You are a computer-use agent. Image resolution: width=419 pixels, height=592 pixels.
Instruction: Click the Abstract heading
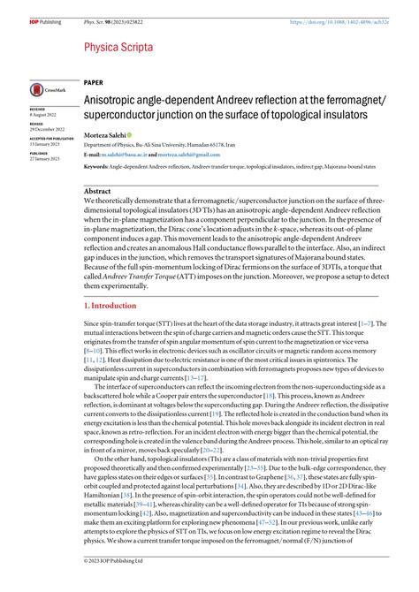coord(97,192)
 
